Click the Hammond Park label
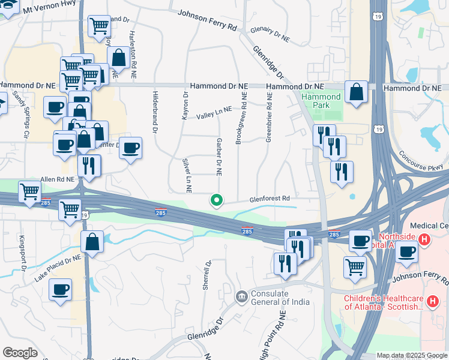(x=321, y=101)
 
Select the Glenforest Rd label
(x=270, y=198)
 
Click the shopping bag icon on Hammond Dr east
(x=357, y=92)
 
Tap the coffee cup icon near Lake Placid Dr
(x=61, y=290)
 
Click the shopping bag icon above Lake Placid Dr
(x=92, y=242)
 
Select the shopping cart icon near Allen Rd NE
(x=29, y=191)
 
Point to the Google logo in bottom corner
(x=20, y=353)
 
